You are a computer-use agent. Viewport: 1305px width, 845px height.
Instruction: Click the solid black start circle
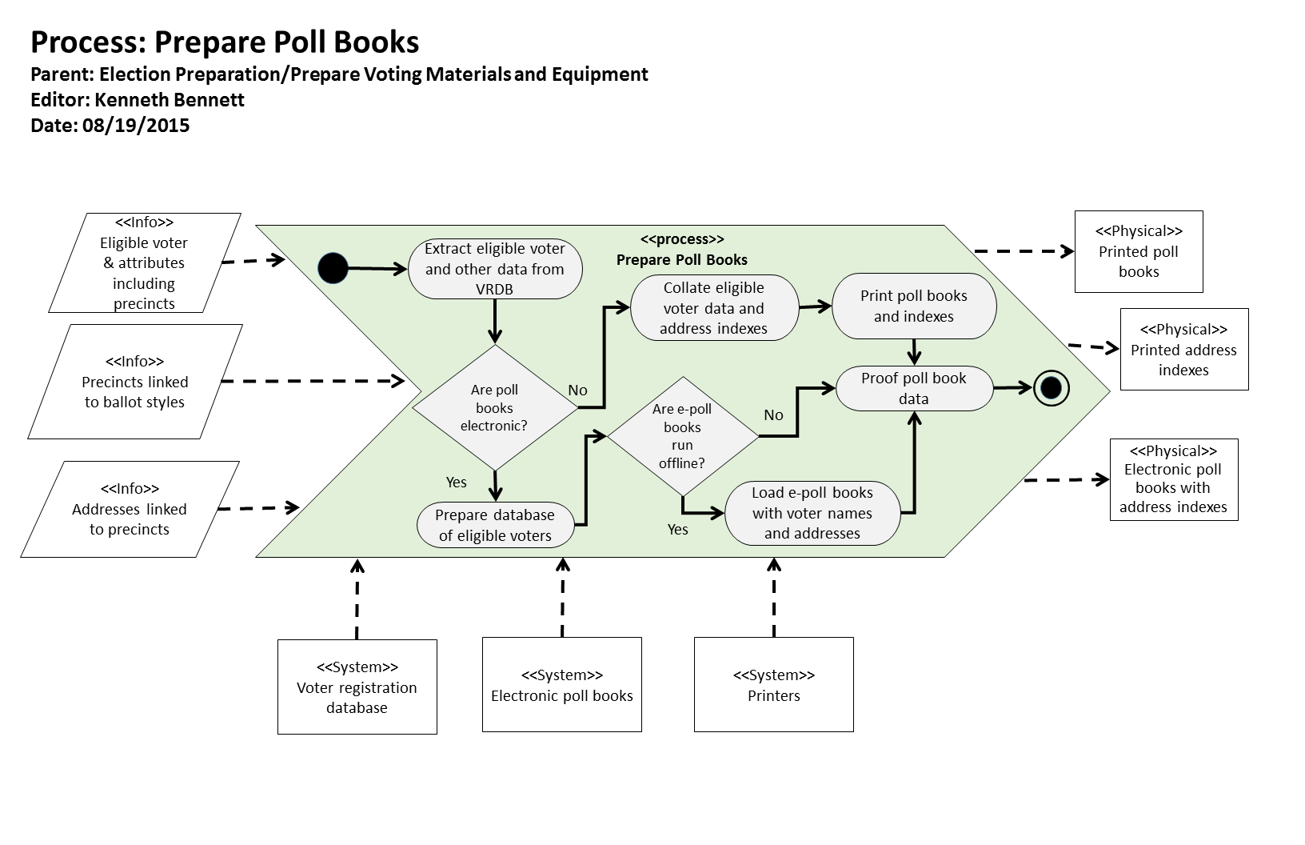pyautogui.click(x=333, y=268)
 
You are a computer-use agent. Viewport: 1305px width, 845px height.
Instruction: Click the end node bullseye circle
pyautogui.click(x=1052, y=388)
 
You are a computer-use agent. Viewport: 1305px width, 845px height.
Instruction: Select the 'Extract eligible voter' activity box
pyautogui.click(x=495, y=269)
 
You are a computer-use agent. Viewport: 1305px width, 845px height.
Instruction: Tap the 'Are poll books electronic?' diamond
pyautogui.click(x=494, y=407)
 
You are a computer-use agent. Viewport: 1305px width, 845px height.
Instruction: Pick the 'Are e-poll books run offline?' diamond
pyautogui.click(x=682, y=436)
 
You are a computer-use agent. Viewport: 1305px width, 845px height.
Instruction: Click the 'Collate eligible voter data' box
pyautogui.click(x=714, y=308)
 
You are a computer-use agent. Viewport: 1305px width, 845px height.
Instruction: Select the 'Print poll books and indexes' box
pyautogui.click(x=914, y=306)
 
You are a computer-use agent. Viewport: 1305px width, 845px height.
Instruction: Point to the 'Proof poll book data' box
pyautogui.click(x=914, y=389)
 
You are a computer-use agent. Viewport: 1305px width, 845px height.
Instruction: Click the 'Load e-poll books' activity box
pyautogui.click(x=812, y=513)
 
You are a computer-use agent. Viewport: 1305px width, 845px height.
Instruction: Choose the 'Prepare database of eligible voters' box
pyautogui.click(x=495, y=525)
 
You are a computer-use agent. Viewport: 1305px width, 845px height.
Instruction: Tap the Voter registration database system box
pyautogui.click(x=357, y=687)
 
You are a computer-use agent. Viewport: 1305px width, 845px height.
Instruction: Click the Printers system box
pyautogui.click(x=773, y=685)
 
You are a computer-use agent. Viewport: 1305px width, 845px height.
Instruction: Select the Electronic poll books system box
pyautogui.click(x=561, y=685)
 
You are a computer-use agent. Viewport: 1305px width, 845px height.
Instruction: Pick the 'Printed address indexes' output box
pyautogui.click(x=1183, y=350)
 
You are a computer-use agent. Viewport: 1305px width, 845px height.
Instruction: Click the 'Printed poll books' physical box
pyautogui.click(x=1139, y=251)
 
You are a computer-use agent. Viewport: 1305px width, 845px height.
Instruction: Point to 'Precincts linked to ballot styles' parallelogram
pyautogui.click(x=134, y=382)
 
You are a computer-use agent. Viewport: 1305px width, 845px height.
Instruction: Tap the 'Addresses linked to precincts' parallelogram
pyautogui.click(x=130, y=509)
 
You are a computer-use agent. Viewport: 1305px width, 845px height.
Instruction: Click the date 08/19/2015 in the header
pyautogui.click(x=136, y=126)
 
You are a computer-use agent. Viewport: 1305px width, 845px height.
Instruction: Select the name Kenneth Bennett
pyautogui.click(x=170, y=100)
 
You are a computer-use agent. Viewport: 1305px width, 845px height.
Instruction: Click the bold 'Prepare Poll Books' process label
pyautogui.click(x=681, y=260)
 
